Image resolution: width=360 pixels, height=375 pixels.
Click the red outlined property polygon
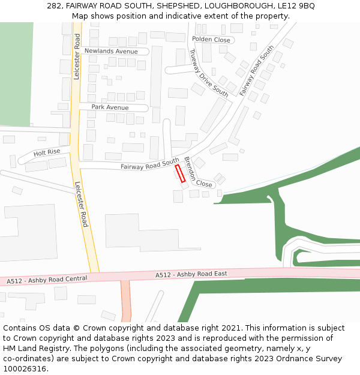179,173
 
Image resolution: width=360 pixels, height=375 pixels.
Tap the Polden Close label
211,40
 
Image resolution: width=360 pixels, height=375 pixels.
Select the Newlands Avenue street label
111,52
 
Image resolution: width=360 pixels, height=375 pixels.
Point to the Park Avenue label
110,107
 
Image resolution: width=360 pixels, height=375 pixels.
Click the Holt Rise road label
47,153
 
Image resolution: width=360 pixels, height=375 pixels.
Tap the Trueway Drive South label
208,73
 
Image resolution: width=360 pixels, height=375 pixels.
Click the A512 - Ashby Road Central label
47,280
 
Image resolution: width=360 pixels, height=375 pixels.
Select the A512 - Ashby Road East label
191,274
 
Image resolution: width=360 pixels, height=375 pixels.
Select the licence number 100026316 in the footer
23,369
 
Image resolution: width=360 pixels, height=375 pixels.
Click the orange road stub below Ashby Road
125,300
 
